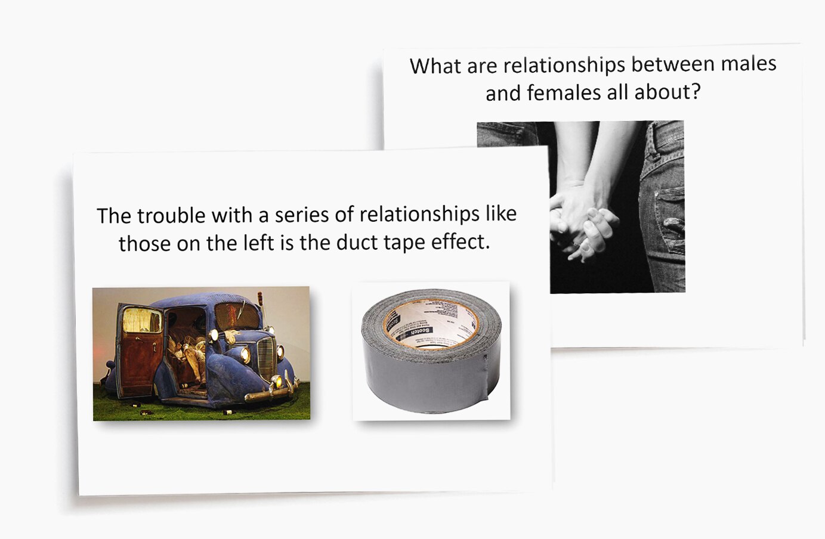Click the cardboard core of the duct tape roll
[x=431, y=326]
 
